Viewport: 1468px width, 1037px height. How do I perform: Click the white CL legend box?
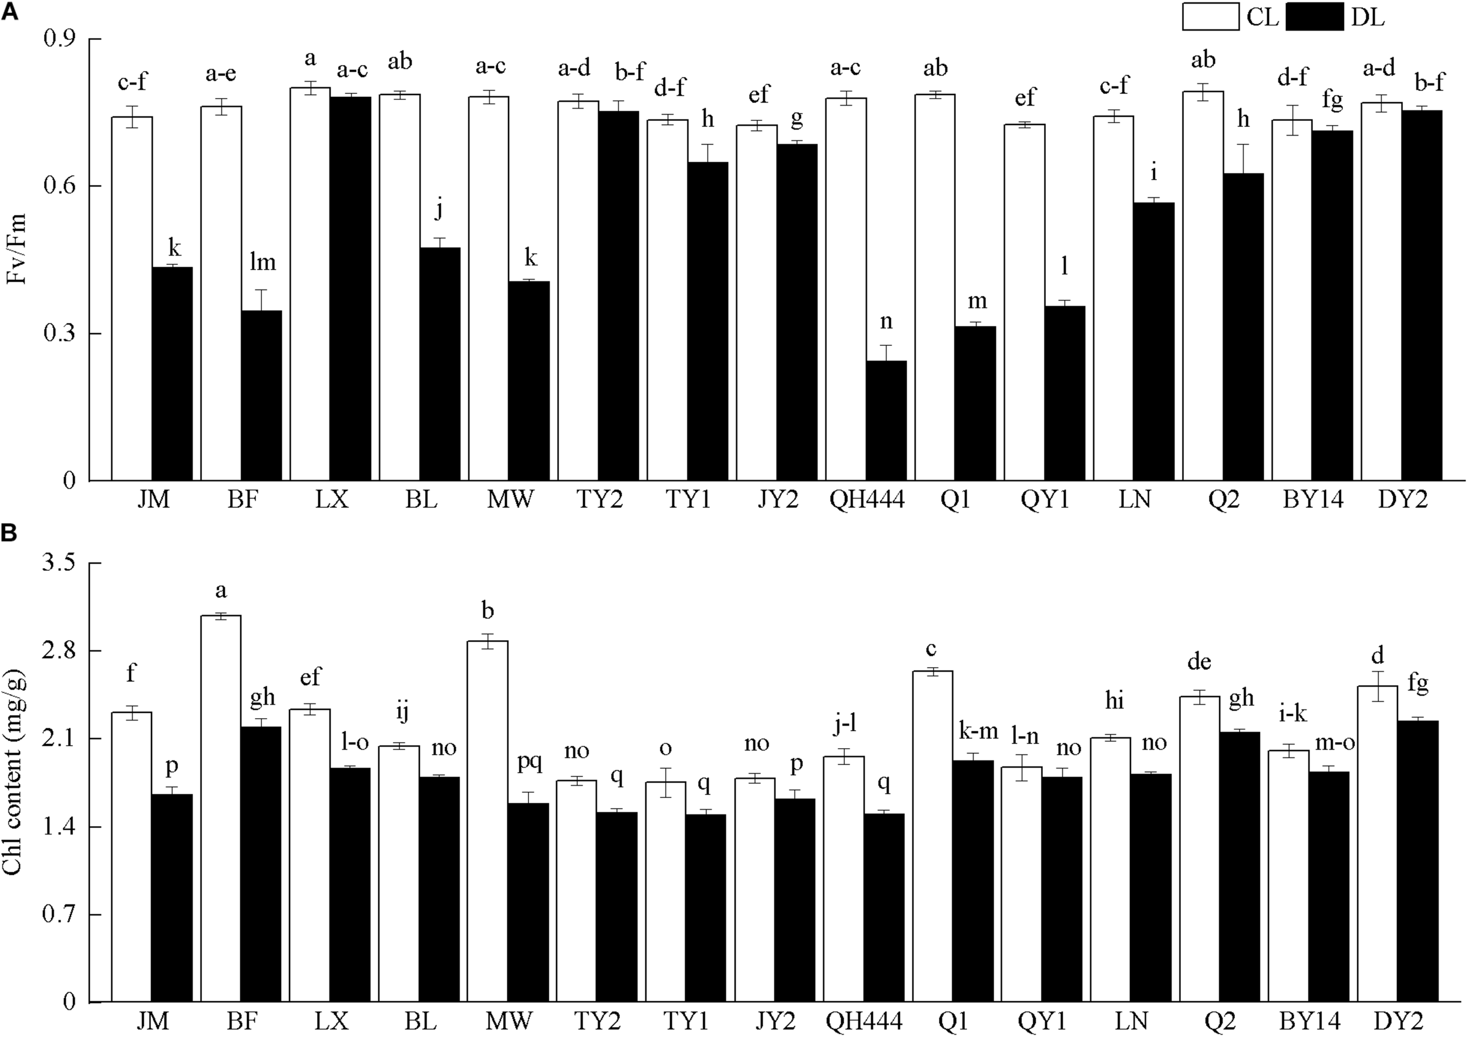pyautogui.click(x=1211, y=17)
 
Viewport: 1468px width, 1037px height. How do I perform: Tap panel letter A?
pyautogui.click(x=9, y=12)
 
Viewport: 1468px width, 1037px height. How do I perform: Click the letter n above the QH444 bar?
pyautogui.click(x=886, y=322)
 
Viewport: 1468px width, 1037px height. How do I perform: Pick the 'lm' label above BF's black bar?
pyautogui.click(x=261, y=262)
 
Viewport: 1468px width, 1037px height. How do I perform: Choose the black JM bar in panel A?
pyautogui.click(x=172, y=374)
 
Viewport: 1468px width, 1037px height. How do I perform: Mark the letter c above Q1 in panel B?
pyautogui.click(x=931, y=650)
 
